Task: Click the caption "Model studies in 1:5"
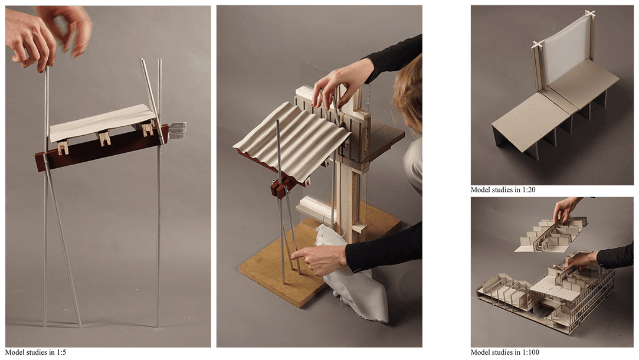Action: click(35, 352)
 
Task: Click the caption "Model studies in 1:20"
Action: click(503, 189)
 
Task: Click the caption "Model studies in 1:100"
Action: click(504, 352)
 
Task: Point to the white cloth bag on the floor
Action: click(352, 273)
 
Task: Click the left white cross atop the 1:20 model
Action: click(538, 45)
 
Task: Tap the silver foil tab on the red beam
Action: click(177, 130)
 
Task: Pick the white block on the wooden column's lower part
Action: click(315, 208)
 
